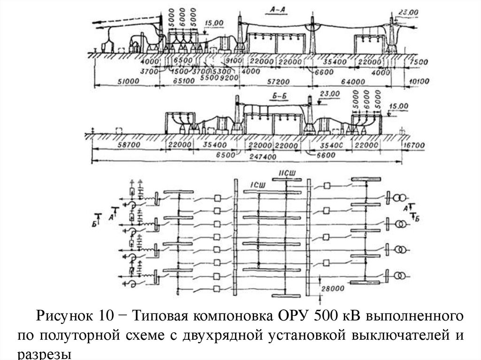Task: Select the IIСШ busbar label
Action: point(287,174)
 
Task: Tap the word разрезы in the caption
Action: point(45,354)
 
